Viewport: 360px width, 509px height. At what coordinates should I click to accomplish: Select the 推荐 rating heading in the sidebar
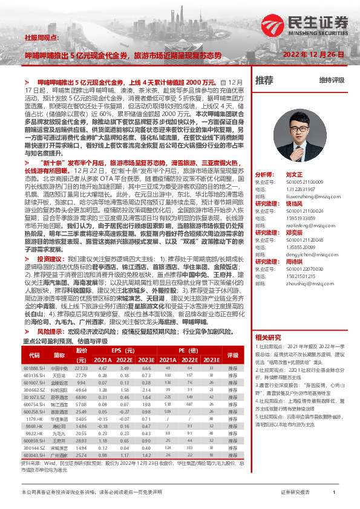264,80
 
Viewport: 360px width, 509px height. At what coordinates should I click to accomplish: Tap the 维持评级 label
332,80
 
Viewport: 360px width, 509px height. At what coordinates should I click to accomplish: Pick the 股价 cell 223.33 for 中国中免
81,368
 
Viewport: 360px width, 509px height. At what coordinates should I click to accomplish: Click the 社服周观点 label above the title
42,37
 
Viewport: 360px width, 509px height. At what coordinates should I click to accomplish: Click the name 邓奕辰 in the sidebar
295,232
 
